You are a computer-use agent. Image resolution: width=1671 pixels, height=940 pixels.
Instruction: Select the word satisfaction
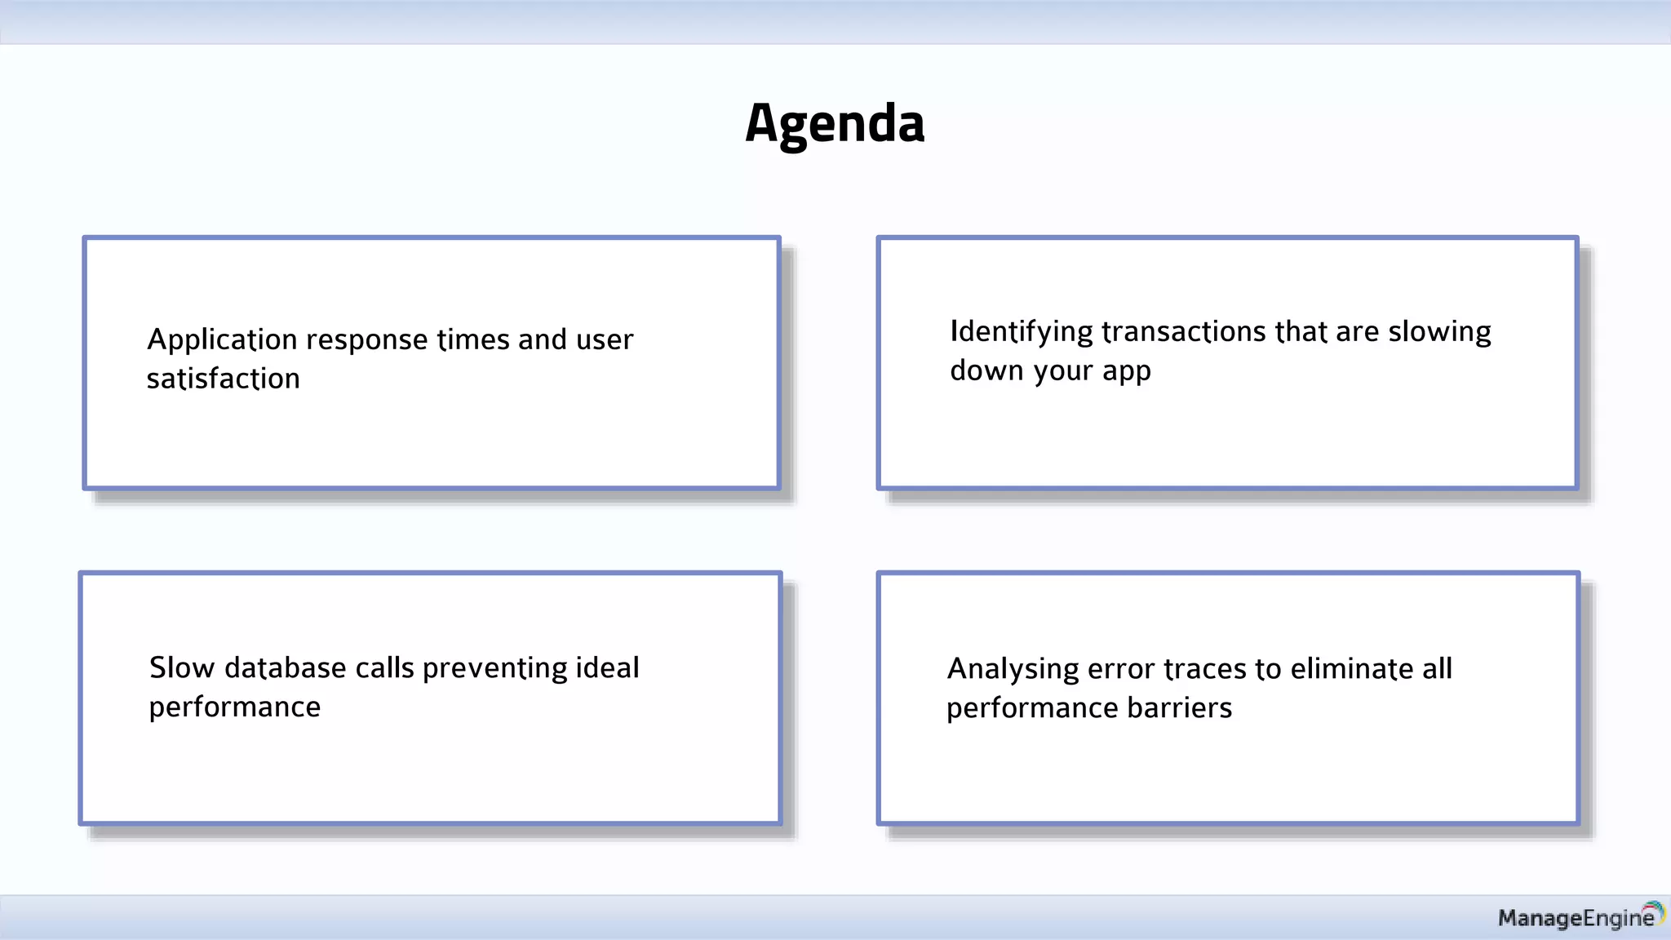[x=223, y=379]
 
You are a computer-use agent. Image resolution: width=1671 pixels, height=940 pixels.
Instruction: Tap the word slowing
[x=1439, y=332]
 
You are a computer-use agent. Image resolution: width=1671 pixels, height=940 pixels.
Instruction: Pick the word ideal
[x=607, y=667]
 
